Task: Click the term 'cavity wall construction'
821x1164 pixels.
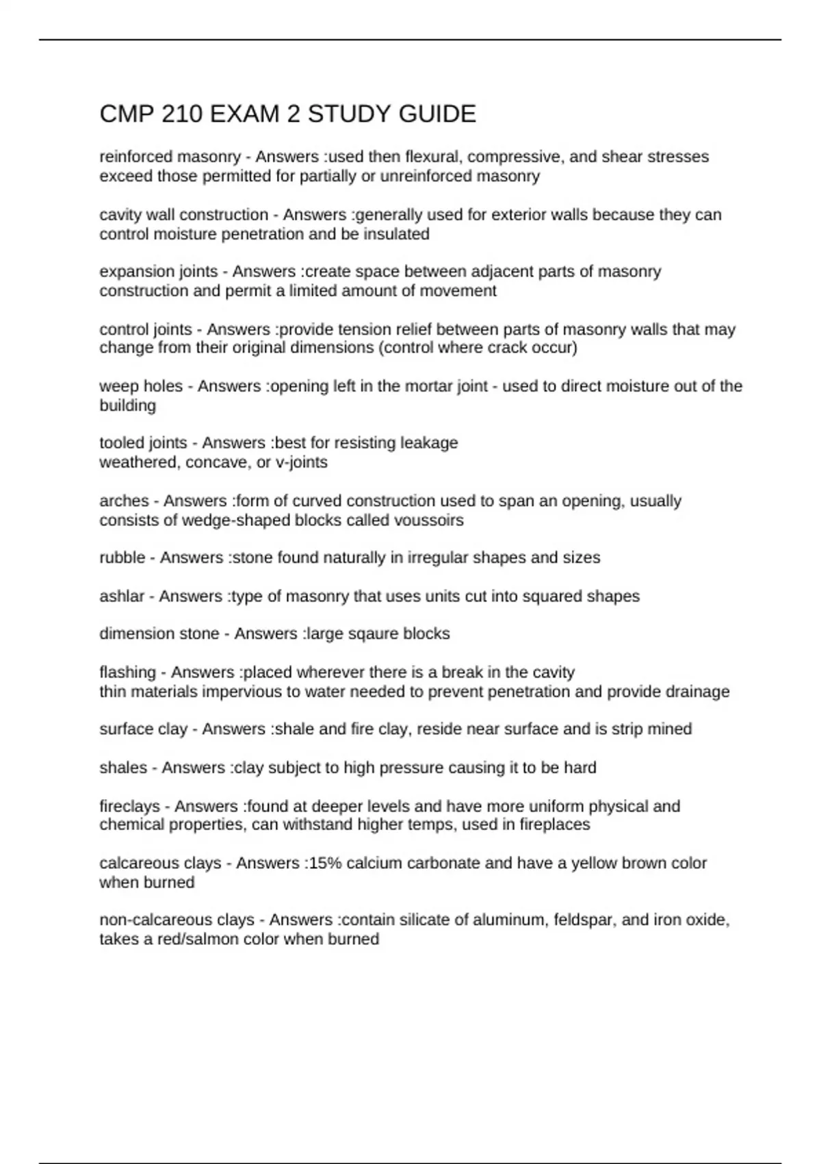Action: pos(183,215)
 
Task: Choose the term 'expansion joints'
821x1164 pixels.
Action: pos(158,272)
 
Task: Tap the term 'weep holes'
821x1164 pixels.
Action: pos(141,386)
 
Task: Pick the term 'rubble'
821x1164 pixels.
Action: pos(122,558)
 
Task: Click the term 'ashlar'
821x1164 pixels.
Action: pos(122,596)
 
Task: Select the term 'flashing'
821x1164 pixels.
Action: pos(127,672)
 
